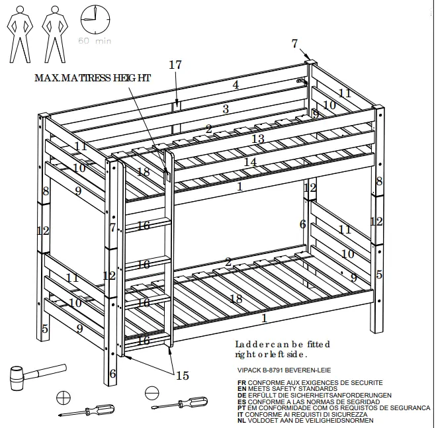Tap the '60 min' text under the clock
point(95,41)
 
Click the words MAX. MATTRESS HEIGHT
point(93,77)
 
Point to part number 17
point(175,65)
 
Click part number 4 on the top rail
point(236,85)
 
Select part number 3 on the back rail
point(226,109)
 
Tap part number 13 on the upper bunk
point(258,138)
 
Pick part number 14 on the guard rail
point(250,161)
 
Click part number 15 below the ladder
point(182,376)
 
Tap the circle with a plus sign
point(64,398)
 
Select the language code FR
point(241,382)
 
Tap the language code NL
point(241,420)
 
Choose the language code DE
point(241,395)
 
